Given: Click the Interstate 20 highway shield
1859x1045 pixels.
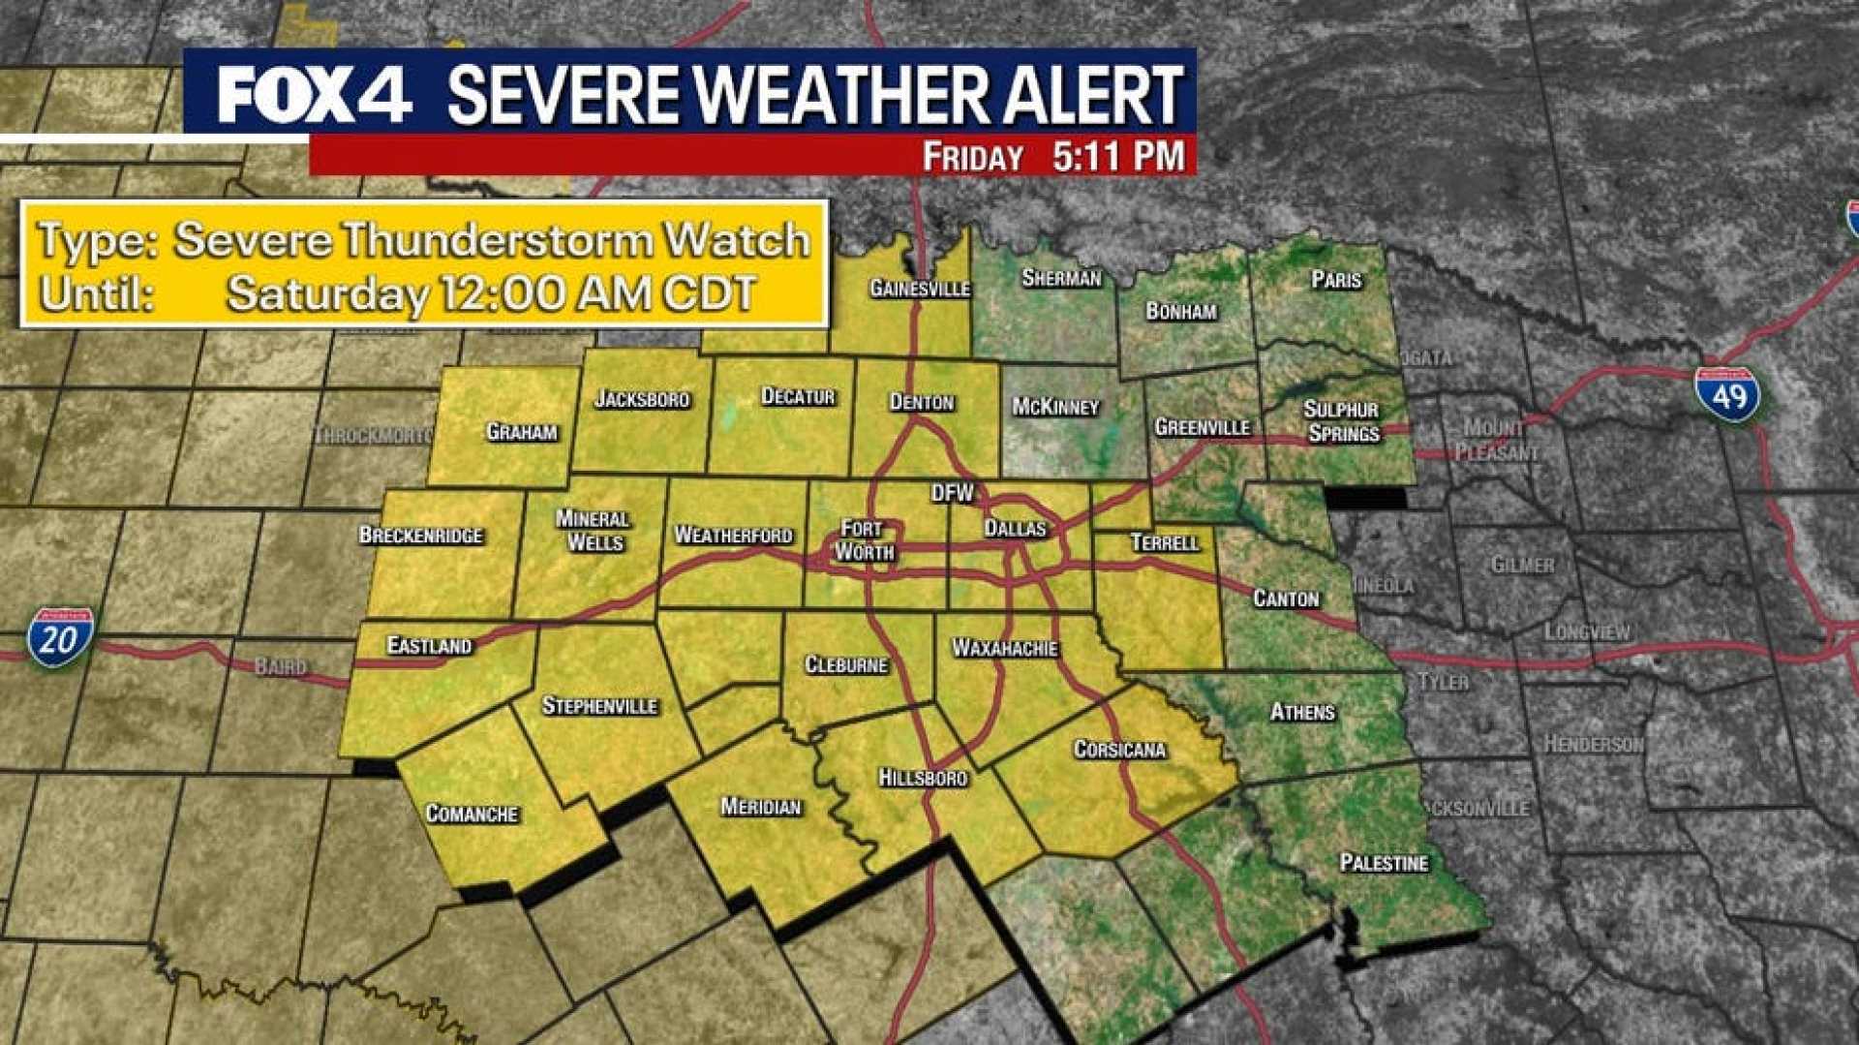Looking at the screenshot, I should tap(60, 637).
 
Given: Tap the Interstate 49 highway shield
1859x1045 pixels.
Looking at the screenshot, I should tap(1728, 394).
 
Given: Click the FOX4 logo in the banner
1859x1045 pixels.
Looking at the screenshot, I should tap(313, 95).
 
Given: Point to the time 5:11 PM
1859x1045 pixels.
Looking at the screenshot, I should tap(1118, 157).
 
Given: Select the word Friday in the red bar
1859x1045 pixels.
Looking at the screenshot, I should tap(972, 157).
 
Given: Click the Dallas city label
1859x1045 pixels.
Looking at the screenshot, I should tap(1015, 528).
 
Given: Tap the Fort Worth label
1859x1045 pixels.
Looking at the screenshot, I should tap(864, 539).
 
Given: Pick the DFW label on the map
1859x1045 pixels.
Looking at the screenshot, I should tap(952, 493).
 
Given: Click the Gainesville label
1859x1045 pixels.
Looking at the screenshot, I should tap(919, 288).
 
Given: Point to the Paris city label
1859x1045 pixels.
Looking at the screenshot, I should tap(1336, 280).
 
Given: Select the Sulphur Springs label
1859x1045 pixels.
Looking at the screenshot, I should tap(1341, 421).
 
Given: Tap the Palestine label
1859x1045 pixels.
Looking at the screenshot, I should tap(1384, 862).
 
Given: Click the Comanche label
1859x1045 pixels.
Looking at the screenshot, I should tap(472, 814).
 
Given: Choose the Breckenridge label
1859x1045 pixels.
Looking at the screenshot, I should tap(420, 535).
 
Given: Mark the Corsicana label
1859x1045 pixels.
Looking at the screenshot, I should tap(1119, 749).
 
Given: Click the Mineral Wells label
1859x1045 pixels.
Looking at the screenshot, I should tap(594, 530).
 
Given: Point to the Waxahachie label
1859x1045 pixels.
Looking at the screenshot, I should tap(1005, 647).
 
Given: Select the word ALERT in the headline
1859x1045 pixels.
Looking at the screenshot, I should tap(1092, 95).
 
